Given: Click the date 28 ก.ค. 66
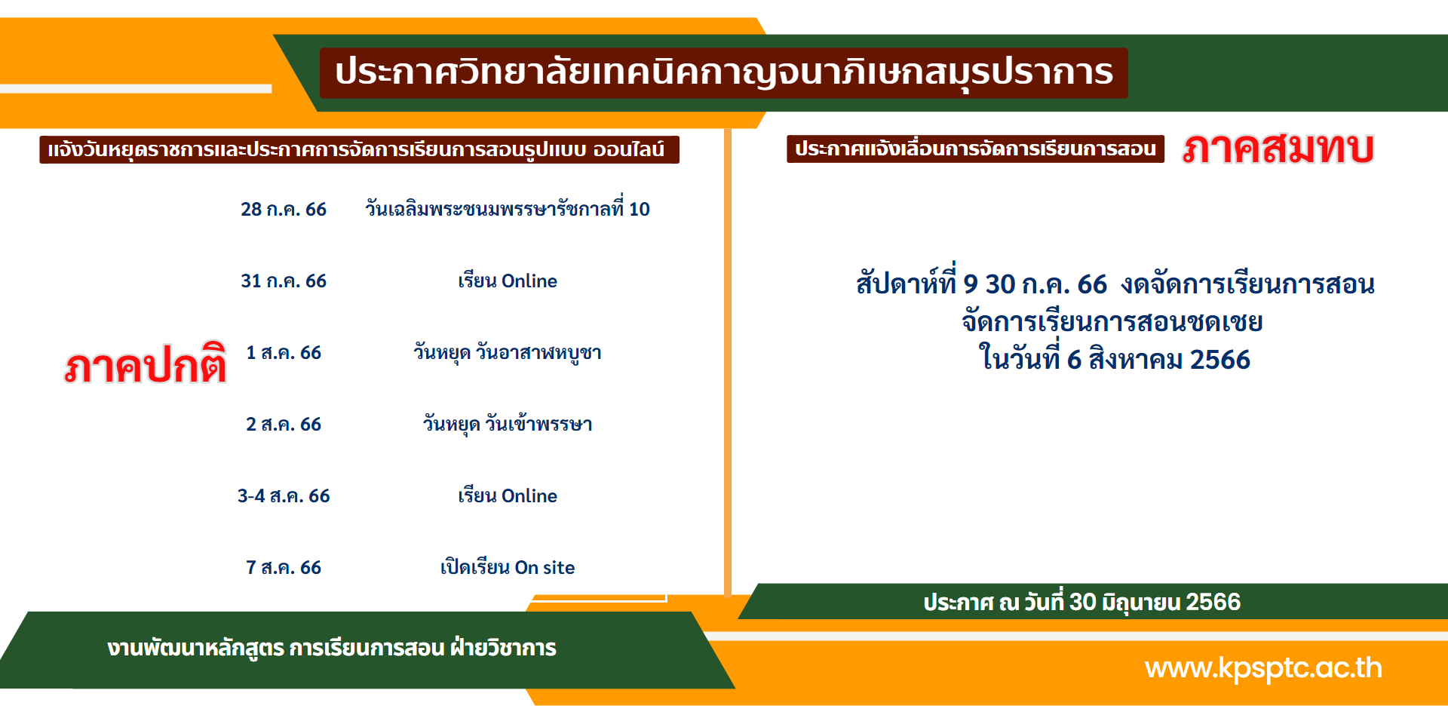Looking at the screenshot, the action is pyautogui.click(x=284, y=209).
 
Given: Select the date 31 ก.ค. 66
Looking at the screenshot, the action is pyautogui.click(x=284, y=281).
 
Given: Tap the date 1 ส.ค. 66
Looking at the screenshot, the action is pyautogui.click(x=284, y=352).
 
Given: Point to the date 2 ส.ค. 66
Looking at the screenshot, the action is pyautogui.click(x=284, y=424).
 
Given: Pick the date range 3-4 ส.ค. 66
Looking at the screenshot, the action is pyautogui.click(x=284, y=495).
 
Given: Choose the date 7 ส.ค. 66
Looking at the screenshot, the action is pyautogui.click(x=284, y=567).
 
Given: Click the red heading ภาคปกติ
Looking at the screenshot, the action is pyautogui.click(x=145, y=365).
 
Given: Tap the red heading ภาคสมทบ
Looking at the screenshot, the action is pyautogui.click(x=1278, y=147).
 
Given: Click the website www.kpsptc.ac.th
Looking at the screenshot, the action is pyautogui.click(x=1263, y=668).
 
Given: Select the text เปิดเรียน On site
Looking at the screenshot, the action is pyautogui.click(x=508, y=567).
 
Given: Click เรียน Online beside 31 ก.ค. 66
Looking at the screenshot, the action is pyautogui.click(x=508, y=281).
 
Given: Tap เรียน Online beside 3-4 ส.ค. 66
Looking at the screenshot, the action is pyautogui.click(x=508, y=495).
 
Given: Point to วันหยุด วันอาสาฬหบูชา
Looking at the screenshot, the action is pyautogui.click(x=508, y=352).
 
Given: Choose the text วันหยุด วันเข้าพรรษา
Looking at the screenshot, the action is pyautogui.click(x=508, y=424).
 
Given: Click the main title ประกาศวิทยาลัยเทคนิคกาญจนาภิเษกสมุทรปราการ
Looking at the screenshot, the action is pyautogui.click(x=724, y=72).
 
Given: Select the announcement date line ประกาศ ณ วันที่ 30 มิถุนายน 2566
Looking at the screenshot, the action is pyautogui.click(x=1081, y=602).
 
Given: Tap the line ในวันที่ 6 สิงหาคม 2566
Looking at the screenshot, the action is pyautogui.click(x=1114, y=357).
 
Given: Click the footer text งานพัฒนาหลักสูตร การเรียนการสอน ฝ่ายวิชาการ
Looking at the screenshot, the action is pyautogui.click(x=332, y=648).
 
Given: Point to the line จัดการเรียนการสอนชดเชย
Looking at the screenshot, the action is pyautogui.click(x=1112, y=321).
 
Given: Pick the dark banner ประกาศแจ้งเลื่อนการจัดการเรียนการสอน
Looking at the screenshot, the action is pyautogui.click(x=975, y=149).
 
